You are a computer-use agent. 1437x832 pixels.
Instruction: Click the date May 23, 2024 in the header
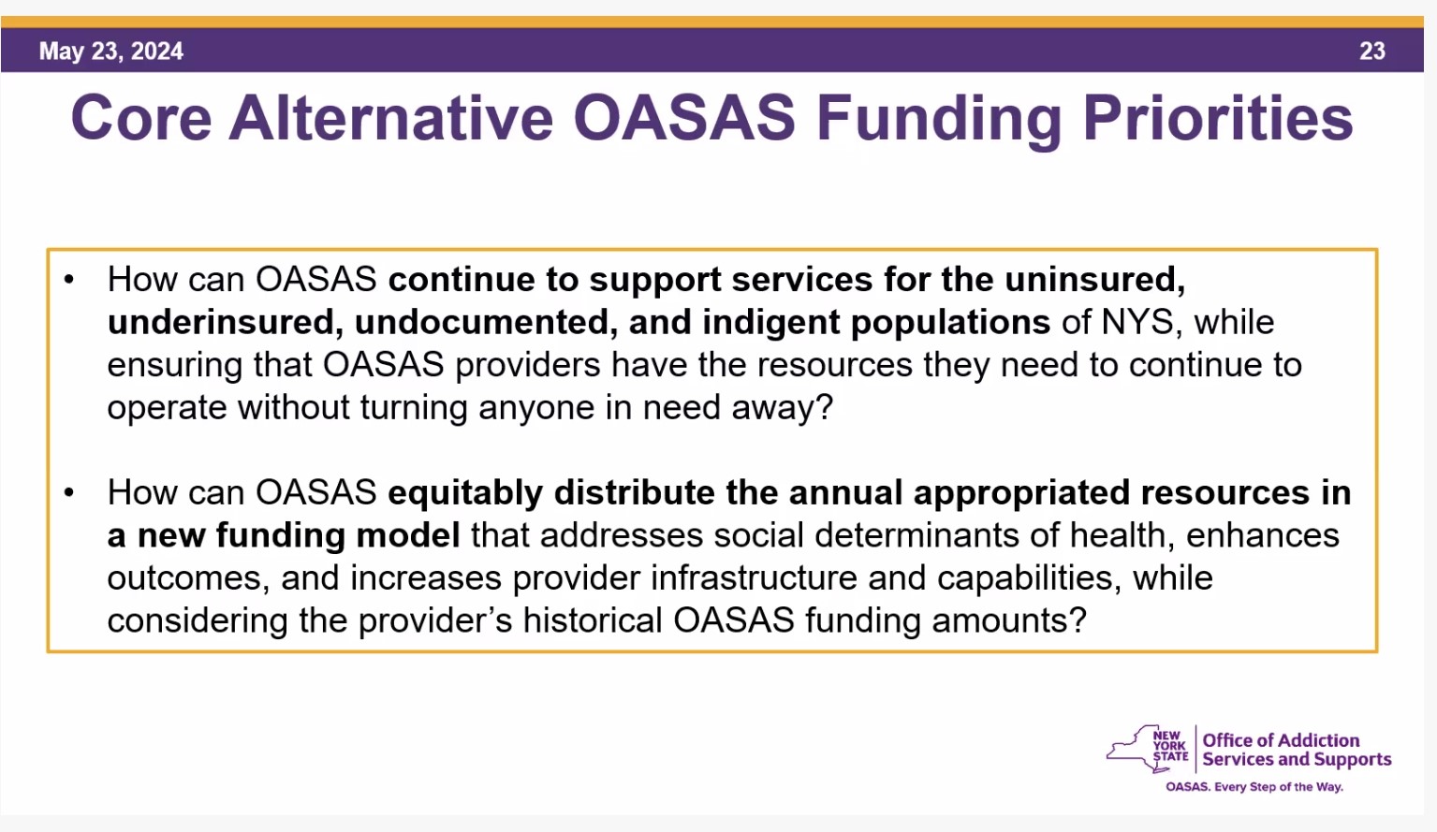coord(111,51)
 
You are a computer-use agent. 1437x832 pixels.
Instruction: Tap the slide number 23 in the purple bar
coord(1372,51)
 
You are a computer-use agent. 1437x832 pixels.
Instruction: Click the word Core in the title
coord(141,118)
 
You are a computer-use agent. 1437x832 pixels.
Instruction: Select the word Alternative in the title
coord(391,118)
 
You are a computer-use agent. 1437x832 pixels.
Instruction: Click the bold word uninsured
coord(1094,280)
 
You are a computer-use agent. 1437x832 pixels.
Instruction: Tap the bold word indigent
coord(770,323)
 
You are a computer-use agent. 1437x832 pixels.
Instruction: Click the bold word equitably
coord(465,493)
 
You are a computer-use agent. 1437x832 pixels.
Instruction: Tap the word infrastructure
coord(754,578)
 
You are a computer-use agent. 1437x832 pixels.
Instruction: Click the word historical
coord(593,620)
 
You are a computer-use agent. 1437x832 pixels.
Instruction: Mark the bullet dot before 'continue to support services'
coord(69,280)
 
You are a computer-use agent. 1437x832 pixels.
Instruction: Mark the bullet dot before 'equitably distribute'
coord(69,492)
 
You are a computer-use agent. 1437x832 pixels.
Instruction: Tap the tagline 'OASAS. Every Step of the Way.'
coord(1254,787)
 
